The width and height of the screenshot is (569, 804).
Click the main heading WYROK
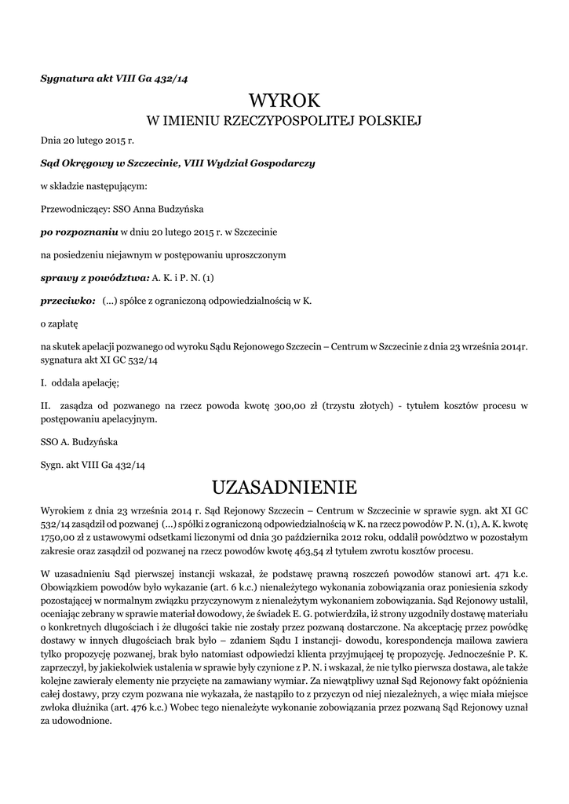pos(284,100)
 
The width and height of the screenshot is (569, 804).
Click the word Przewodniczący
pos(75,210)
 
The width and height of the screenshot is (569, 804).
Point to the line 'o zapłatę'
pos(60,323)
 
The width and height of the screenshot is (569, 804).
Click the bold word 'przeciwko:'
pos(68,300)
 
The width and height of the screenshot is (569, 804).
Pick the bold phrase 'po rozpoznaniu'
pos(78,232)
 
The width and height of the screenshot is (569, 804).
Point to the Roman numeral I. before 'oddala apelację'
pos(44,382)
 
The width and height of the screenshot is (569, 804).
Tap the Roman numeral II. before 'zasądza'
pos(46,407)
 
